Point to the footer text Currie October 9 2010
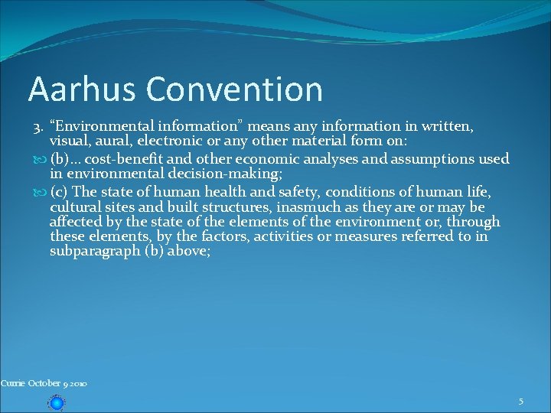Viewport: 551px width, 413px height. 44,383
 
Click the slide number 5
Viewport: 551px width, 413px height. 520,402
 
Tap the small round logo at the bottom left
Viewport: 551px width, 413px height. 56,402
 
